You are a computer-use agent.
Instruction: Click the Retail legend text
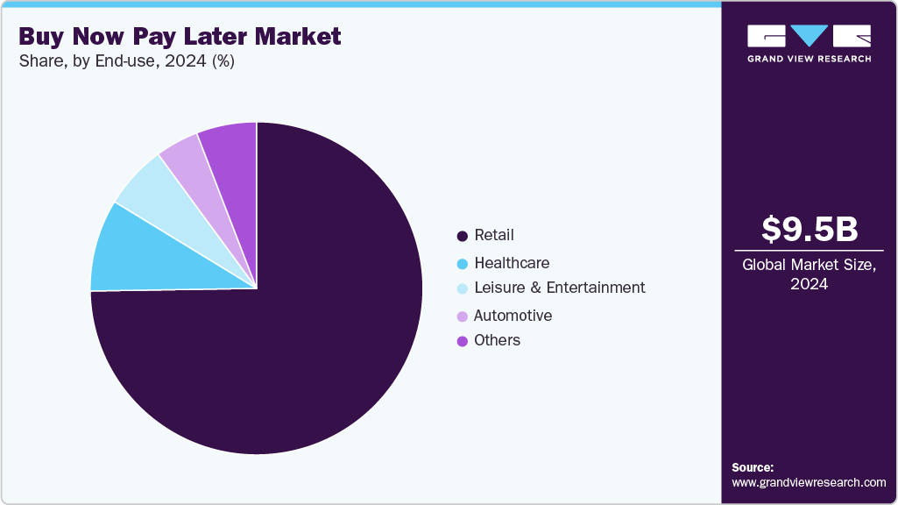[494, 235]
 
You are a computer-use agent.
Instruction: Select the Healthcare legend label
[512, 263]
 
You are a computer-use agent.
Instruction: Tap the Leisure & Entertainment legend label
[559, 288]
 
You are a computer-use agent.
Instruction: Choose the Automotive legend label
[513, 316]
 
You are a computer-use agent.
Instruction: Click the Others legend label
[497, 340]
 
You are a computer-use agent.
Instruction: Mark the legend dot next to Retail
[462, 236]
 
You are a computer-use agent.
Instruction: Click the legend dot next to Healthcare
[462, 263]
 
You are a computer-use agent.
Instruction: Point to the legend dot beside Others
[462, 341]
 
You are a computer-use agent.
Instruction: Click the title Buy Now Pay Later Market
[180, 37]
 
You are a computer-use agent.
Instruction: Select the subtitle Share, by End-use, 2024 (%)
[126, 62]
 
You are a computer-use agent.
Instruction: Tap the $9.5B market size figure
[809, 229]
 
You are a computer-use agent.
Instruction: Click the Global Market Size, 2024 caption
[809, 274]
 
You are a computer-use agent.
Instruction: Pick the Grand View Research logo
[809, 43]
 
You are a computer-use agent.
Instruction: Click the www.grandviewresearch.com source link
[809, 483]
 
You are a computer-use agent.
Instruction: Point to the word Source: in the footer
[753, 467]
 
